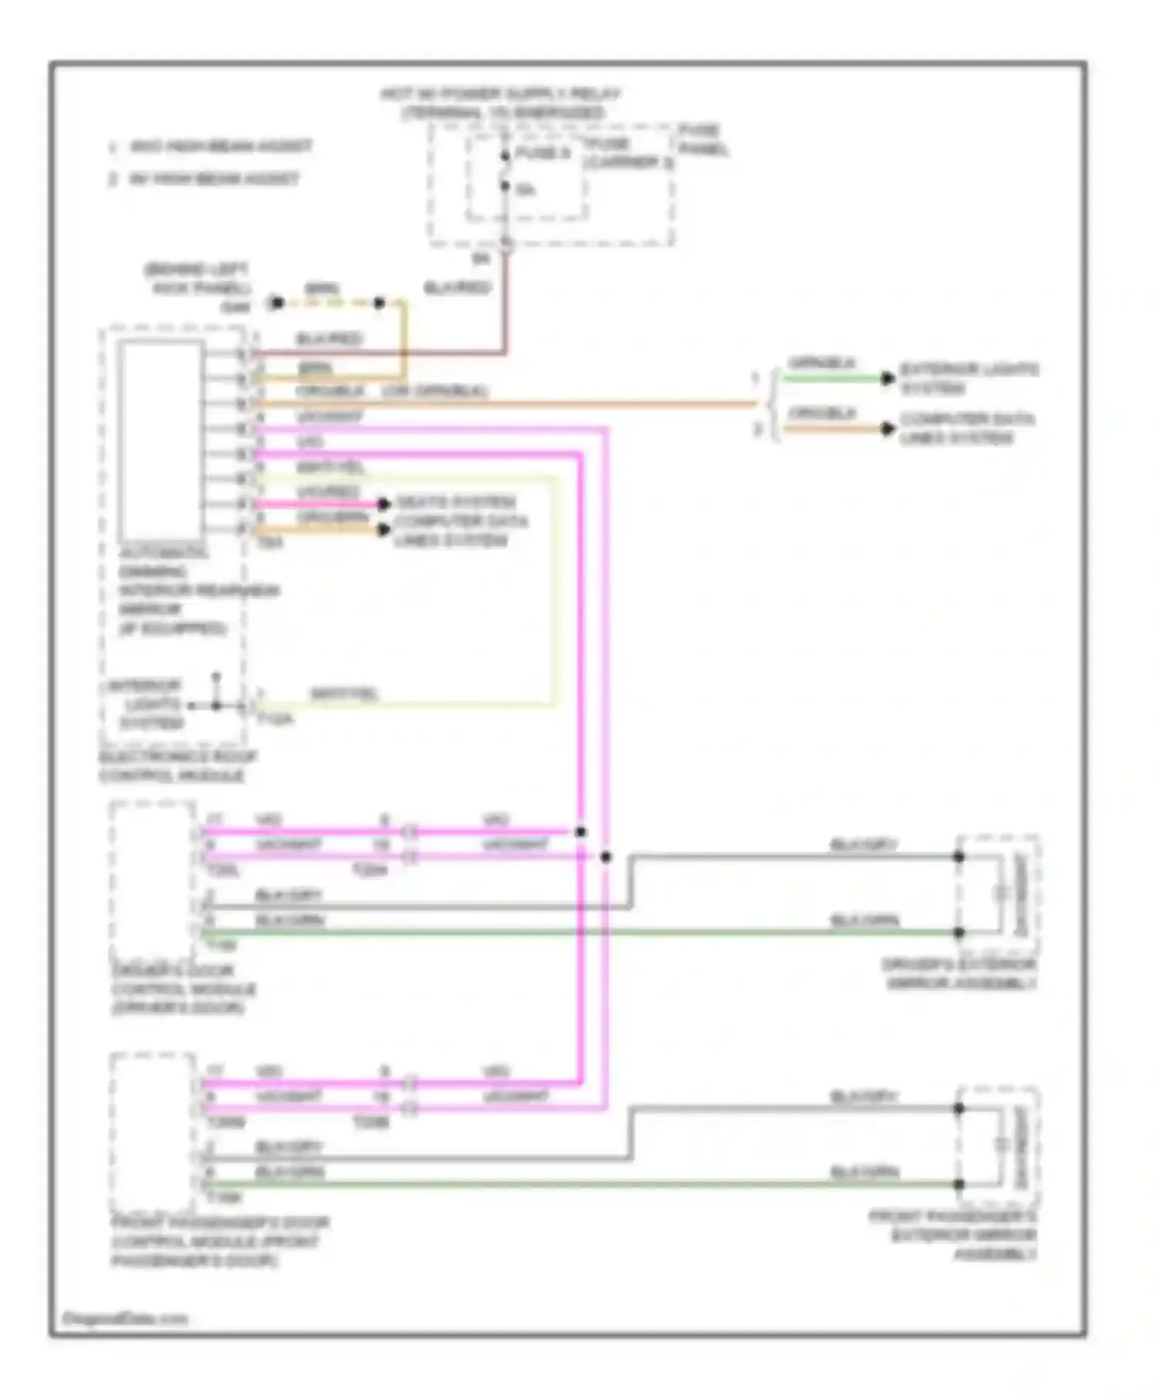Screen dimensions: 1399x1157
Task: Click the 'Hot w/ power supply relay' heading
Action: coord(501,103)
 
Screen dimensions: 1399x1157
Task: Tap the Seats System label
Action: coord(456,502)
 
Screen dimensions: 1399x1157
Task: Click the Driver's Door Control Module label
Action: coord(183,989)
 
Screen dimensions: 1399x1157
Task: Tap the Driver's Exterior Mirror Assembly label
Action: coord(960,974)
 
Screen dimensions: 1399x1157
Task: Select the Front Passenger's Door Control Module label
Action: coord(219,1241)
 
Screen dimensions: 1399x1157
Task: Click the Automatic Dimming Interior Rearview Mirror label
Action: coord(197,591)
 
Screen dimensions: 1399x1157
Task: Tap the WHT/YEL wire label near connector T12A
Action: coord(344,694)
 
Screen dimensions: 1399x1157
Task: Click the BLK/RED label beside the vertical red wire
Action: coord(457,288)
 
